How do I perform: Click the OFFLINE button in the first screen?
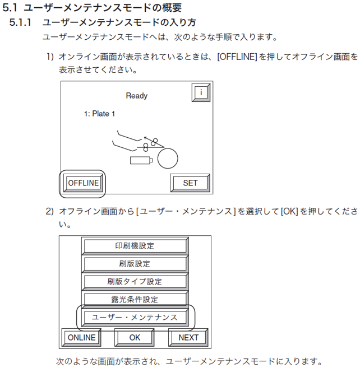point(83,183)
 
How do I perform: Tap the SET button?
point(190,183)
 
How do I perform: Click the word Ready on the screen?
point(136,96)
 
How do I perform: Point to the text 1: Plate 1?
point(99,114)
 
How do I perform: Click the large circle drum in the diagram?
point(168,159)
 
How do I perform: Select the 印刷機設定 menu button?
point(135,246)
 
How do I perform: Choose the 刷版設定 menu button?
point(135,264)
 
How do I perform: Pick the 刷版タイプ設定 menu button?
point(135,282)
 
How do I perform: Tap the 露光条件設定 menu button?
point(135,300)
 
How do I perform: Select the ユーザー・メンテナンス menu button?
point(135,318)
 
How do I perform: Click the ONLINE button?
point(81,338)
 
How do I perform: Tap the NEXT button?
point(188,338)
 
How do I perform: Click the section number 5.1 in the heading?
point(11,8)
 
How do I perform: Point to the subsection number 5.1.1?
point(22,23)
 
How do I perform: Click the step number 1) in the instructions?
point(50,57)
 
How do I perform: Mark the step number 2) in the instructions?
point(50,212)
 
